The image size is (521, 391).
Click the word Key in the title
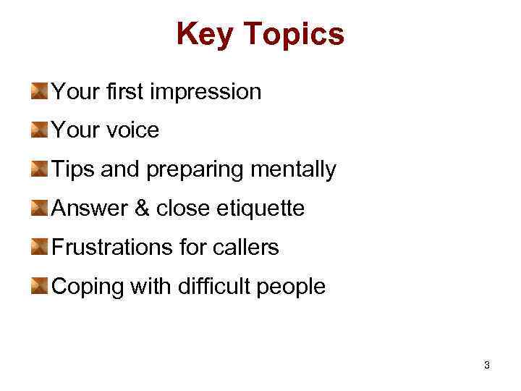click(x=203, y=34)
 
